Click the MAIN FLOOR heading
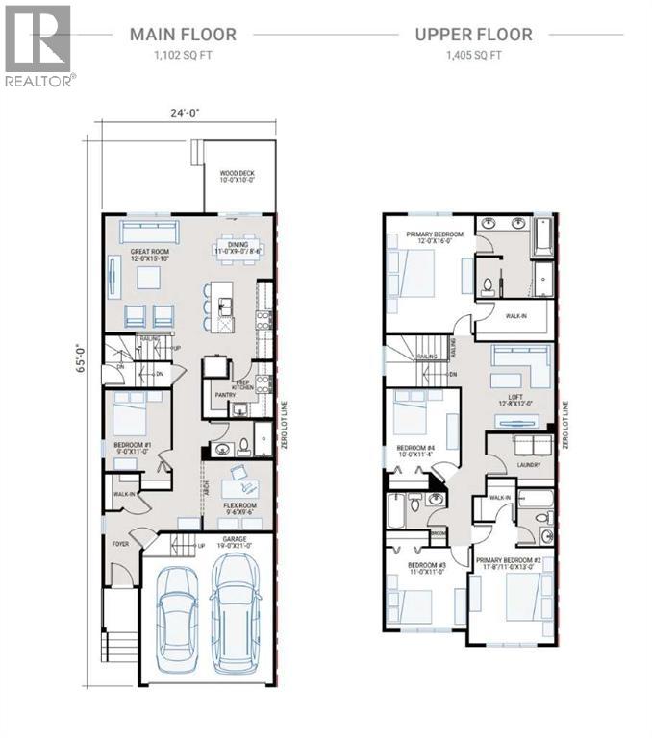point(183,35)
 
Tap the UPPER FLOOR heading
point(473,35)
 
